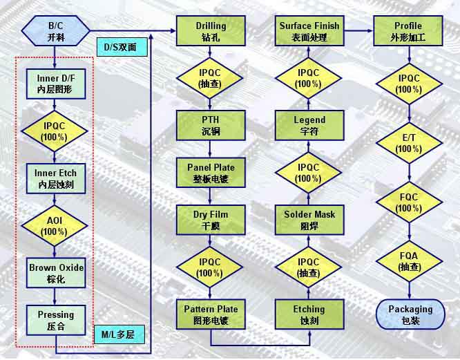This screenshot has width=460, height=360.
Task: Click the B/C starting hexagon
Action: (x=56, y=31)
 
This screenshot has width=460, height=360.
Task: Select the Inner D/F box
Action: (x=56, y=84)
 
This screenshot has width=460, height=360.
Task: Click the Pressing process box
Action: (x=56, y=320)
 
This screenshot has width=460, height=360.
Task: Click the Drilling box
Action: (x=211, y=31)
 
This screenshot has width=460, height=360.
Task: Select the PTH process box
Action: (x=211, y=125)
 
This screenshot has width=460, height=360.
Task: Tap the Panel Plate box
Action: (x=211, y=172)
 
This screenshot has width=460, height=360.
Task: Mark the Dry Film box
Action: (x=211, y=219)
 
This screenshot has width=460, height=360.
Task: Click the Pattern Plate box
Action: (x=211, y=314)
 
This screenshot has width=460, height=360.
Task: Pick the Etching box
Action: (x=309, y=314)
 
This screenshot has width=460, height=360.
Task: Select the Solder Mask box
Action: (x=309, y=219)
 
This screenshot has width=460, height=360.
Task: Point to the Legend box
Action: (x=309, y=125)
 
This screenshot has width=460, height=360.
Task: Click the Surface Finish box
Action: (x=309, y=31)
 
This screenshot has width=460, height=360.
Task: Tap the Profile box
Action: (x=408, y=31)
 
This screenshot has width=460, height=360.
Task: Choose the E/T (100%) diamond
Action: (x=408, y=143)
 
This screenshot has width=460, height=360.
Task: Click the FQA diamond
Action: (x=408, y=261)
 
